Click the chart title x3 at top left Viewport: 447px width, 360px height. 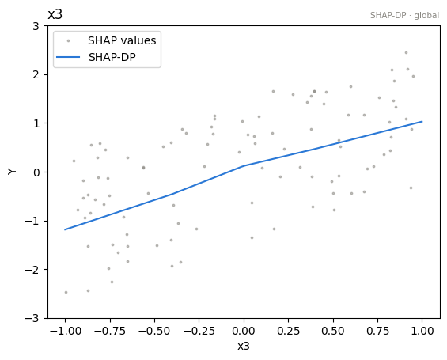(55, 14)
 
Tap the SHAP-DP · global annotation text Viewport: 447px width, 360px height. (404, 15)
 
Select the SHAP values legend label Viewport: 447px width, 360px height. (122, 40)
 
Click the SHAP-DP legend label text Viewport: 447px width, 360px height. (112, 57)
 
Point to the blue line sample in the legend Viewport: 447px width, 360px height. (68, 57)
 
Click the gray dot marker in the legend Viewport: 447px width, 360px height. (68, 41)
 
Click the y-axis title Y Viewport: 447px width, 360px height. (12, 172)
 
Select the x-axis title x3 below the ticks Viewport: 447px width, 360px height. (244, 346)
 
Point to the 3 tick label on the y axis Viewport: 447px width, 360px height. (36, 26)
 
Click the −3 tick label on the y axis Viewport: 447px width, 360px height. (32, 318)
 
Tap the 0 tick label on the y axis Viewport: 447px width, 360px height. (36, 172)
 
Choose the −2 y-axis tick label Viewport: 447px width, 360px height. (32, 269)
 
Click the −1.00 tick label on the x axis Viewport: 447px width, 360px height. (66, 331)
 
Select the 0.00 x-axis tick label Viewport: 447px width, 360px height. (244, 331)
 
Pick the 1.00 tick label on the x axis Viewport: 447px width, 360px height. (422, 331)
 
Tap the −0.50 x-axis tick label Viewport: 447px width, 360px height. (154, 331)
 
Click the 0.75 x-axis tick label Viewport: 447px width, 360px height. (377, 331)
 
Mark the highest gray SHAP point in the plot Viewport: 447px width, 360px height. (406, 53)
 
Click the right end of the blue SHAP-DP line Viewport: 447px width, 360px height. (422, 121)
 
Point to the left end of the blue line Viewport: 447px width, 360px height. (65, 229)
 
